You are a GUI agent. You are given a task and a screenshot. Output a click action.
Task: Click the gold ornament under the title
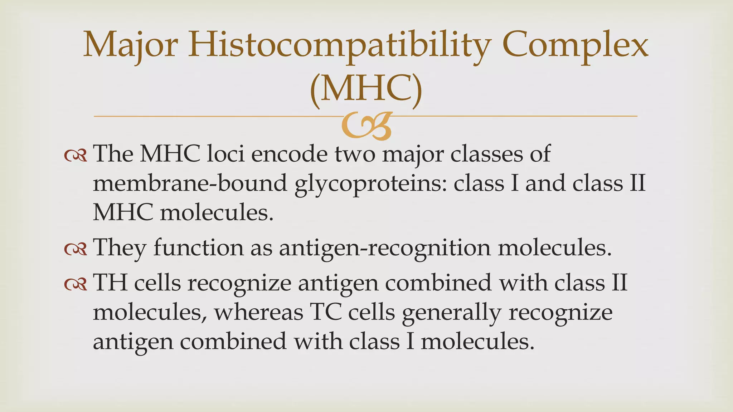366,126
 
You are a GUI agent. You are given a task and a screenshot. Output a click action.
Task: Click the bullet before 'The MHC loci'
76,155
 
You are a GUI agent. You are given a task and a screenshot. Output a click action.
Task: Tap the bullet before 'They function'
76,249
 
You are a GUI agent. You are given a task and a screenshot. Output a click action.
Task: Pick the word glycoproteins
370,184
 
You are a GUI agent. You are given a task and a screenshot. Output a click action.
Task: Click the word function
198,247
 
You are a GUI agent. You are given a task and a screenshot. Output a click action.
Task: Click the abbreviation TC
326,312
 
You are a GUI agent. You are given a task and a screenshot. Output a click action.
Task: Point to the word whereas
258,312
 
